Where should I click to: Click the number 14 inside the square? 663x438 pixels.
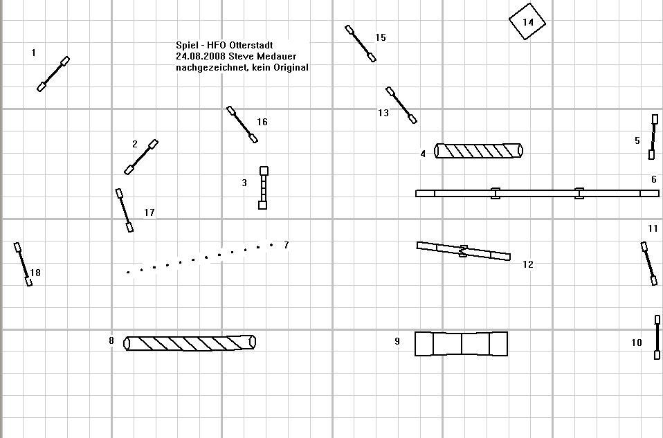[x=528, y=22]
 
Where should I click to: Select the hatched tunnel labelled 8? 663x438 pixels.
[x=190, y=343]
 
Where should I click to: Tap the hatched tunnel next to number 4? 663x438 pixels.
[x=478, y=151]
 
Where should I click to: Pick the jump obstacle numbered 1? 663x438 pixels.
[x=53, y=74]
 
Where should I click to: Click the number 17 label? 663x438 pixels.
[x=149, y=212]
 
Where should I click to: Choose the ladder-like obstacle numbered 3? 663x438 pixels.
[x=263, y=188]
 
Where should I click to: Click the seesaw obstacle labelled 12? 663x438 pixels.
[x=463, y=251]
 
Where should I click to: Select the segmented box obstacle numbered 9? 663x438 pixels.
[x=461, y=343]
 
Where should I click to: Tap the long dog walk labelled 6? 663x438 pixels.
[x=537, y=193]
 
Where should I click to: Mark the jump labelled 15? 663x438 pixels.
[x=361, y=44]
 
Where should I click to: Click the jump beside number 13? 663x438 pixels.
[x=401, y=105]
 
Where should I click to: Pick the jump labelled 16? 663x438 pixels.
[x=242, y=125]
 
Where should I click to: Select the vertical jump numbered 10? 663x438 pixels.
[x=657, y=338]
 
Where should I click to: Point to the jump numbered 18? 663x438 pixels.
[x=23, y=264]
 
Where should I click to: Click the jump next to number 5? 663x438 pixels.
[x=653, y=137]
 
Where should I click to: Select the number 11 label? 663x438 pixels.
[x=653, y=228]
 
